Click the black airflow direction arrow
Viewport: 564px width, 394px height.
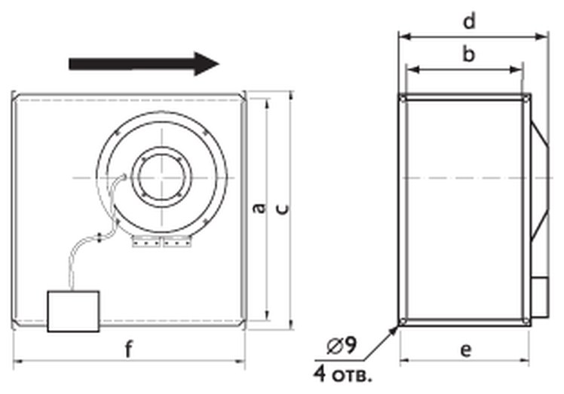pyautogui.click(x=144, y=64)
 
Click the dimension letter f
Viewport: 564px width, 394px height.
pyautogui.click(x=128, y=350)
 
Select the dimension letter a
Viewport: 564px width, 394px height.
pyautogui.click(x=259, y=208)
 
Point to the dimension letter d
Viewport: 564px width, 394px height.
pyautogui.click(x=469, y=21)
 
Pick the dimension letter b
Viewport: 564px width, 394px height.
pyautogui.click(x=469, y=54)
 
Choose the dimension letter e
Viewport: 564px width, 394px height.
pyautogui.click(x=465, y=350)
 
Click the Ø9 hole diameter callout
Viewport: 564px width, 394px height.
pyautogui.click(x=342, y=347)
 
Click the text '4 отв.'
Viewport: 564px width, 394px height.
pyautogui.click(x=342, y=374)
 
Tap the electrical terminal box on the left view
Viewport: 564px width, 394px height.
pyautogui.click(x=73, y=311)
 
